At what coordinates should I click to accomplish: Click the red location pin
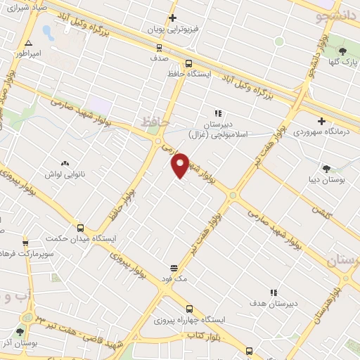[181, 165]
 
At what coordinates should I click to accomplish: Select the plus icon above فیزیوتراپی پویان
[172, 18]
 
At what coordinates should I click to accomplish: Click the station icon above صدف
[160, 48]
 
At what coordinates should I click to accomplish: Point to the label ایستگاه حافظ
[186, 72]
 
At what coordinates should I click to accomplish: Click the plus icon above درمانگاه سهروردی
[321, 120]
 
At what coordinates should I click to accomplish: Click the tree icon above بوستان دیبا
[326, 168]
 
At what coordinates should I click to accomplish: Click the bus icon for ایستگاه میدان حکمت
[80, 228]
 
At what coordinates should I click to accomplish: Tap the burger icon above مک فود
[174, 267]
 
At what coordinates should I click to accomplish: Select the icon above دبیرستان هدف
[274, 292]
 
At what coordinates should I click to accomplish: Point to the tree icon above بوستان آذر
[20, 330]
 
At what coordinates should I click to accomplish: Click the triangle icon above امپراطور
[27, 43]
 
